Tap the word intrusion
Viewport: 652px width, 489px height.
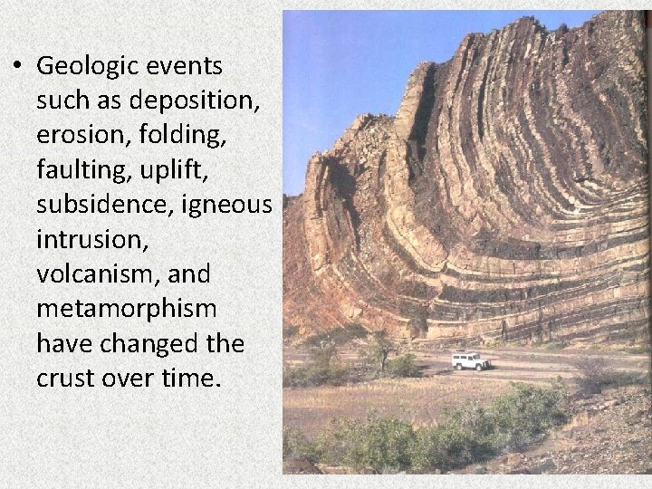coord(91,239)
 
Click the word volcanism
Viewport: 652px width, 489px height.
coord(101,273)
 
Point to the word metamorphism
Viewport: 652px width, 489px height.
coord(127,308)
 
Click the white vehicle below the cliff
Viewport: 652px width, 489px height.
coord(471,360)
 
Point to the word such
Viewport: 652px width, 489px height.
coord(64,101)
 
